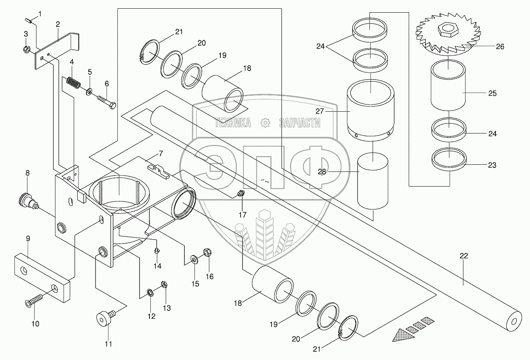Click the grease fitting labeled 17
tap(240, 194)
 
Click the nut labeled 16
tap(207, 252)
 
